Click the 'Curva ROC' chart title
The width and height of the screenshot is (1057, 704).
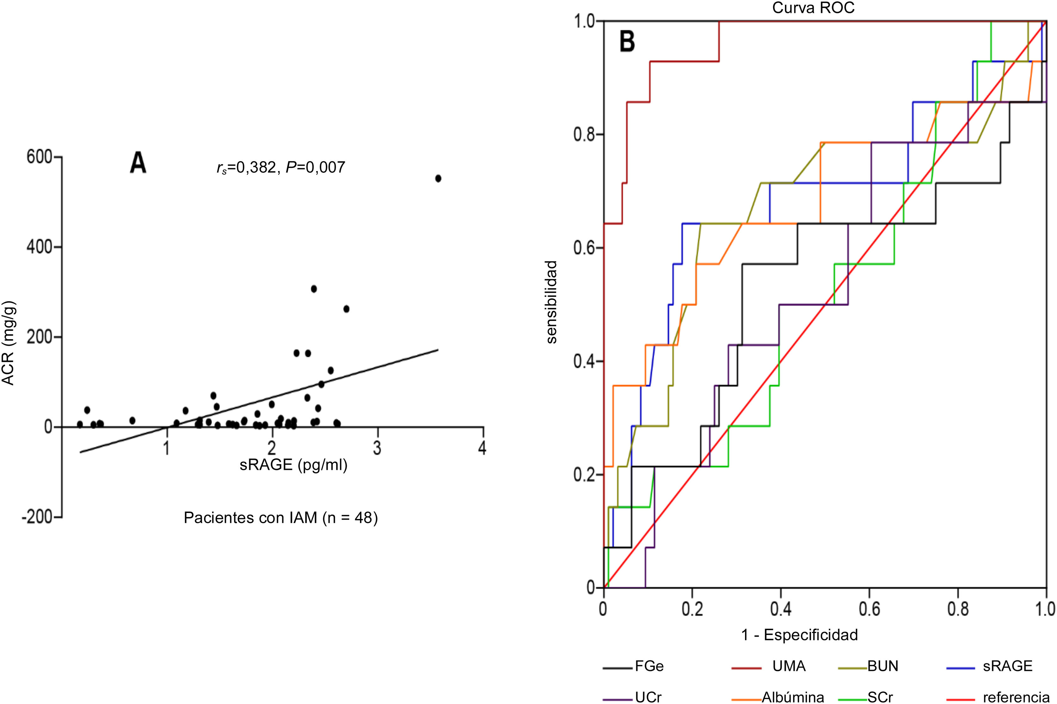point(813,8)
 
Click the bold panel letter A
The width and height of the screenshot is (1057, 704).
point(138,164)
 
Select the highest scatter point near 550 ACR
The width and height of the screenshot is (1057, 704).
point(438,178)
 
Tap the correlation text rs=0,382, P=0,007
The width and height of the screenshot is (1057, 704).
point(281,168)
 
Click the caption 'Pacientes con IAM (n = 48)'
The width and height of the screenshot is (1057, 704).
point(281,518)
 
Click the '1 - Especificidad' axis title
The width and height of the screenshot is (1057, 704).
point(799,634)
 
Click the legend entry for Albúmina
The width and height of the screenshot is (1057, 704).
point(793,697)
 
